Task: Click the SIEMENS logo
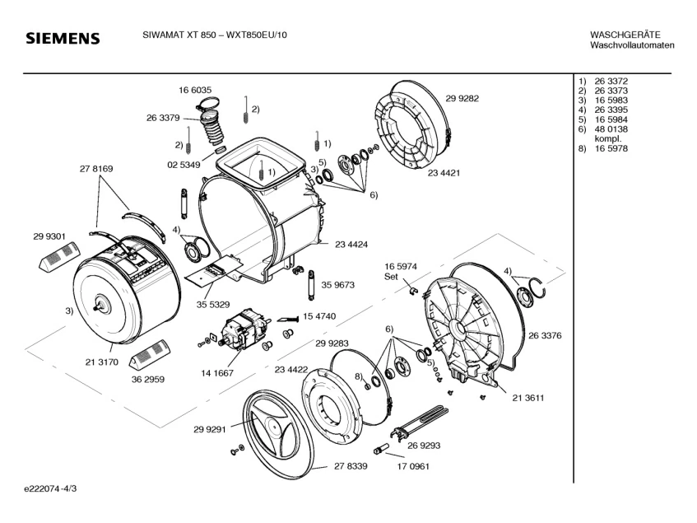pos(63,39)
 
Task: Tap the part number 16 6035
pos(195,90)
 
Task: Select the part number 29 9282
pos(462,98)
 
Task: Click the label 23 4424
pos(351,244)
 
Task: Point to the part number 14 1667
pos(217,373)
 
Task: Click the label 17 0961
pos(412,466)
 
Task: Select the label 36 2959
pos(148,380)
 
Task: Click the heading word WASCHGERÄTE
pos(625,35)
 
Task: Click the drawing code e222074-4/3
pos(53,489)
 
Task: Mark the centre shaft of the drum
pos(101,306)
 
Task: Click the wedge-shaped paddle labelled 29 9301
pos(58,257)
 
